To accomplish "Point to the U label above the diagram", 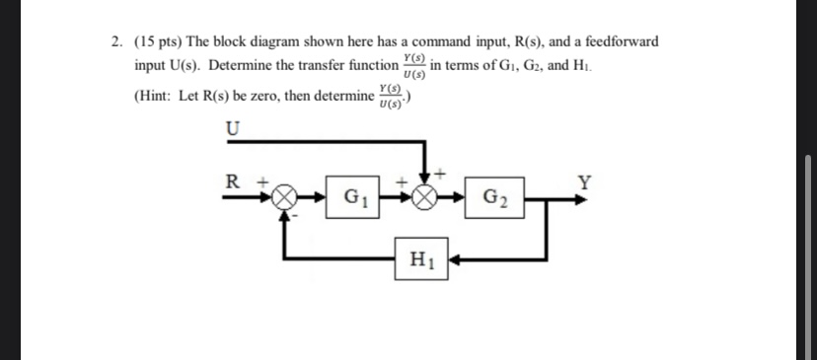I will tap(233, 128).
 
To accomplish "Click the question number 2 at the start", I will tap(116, 42).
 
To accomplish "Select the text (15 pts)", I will tap(158, 42).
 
